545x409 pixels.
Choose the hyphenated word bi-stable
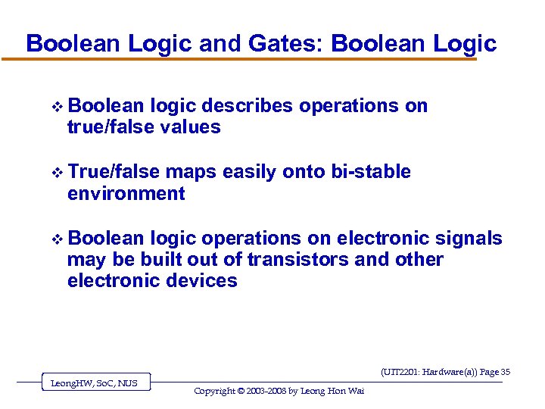click(371, 173)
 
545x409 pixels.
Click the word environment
click(126, 194)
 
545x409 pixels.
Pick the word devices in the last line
click(204, 281)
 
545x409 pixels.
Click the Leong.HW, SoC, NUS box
click(94, 383)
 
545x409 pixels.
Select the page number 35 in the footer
click(506, 372)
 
